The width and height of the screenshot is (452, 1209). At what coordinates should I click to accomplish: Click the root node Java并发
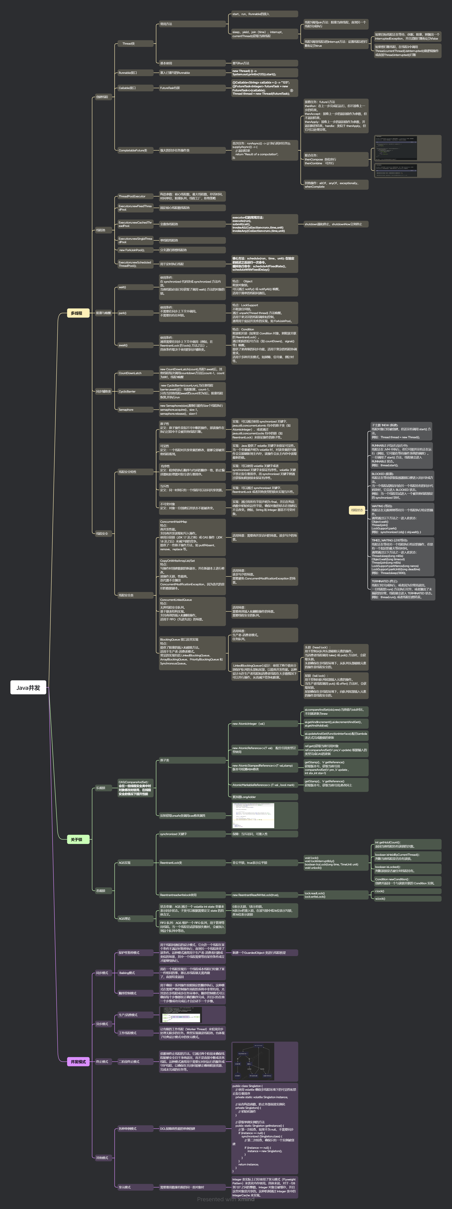click(28, 688)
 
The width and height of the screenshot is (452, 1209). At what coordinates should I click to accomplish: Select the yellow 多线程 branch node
click(76, 313)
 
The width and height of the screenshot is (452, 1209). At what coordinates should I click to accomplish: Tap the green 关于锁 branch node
click(76, 839)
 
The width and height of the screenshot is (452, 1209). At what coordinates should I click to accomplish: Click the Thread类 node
click(129, 44)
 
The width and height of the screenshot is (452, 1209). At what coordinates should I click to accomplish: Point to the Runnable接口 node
click(128, 73)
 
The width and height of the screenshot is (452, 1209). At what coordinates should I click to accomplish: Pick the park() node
click(122, 313)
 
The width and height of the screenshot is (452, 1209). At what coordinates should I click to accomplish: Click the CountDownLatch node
click(130, 373)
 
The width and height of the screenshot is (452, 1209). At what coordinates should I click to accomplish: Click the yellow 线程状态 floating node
click(357, 510)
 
